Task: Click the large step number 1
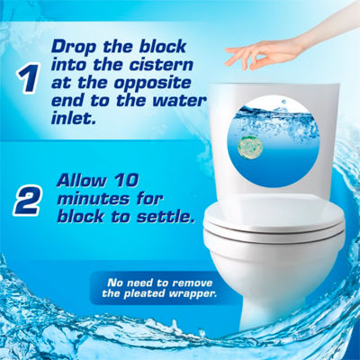point(28,77)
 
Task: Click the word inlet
point(70,118)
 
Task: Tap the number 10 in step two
point(126,180)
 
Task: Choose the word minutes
point(94,199)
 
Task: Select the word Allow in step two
point(82,180)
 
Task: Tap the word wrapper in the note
point(192,293)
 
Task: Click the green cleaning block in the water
point(250,146)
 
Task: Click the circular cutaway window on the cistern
point(273,142)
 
